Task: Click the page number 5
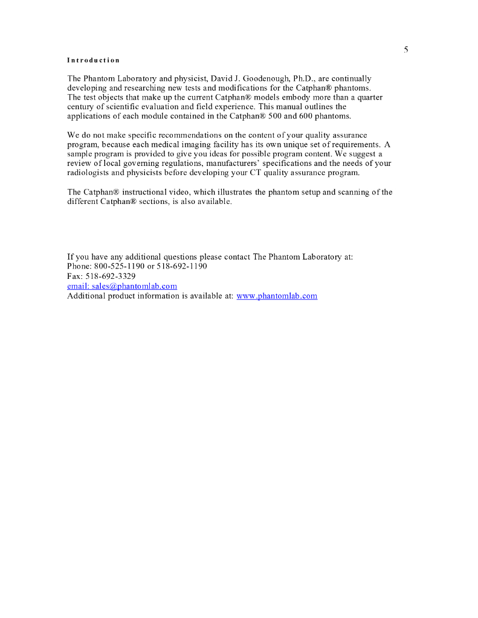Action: coord(406,49)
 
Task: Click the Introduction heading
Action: coord(93,60)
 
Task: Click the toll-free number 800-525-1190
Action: coord(120,267)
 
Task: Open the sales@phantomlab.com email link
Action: coord(121,286)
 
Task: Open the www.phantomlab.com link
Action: coord(277,296)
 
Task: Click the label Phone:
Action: coord(79,267)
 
